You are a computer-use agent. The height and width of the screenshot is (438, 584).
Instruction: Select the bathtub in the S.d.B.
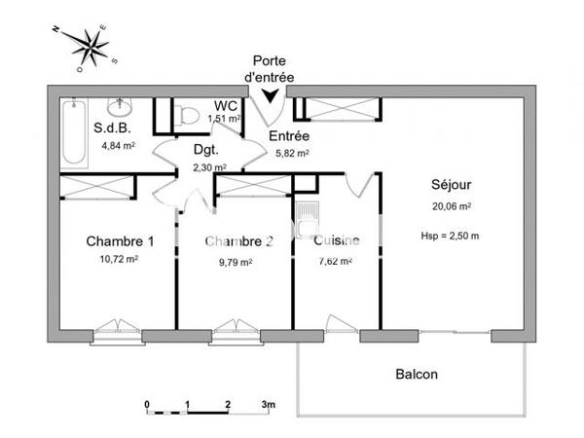tap(73, 134)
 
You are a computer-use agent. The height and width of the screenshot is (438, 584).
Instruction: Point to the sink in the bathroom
tap(121, 104)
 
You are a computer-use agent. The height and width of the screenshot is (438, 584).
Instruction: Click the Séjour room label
tap(452, 185)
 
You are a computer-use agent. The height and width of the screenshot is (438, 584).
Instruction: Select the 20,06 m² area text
tap(452, 206)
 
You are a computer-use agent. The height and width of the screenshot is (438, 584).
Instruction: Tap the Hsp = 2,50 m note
tap(450, 236)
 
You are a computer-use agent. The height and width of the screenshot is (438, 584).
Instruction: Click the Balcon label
tap(417, 374)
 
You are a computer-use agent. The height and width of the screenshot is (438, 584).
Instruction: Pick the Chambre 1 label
tap(120, 241)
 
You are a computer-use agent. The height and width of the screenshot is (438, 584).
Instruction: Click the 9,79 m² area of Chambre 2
tap(234, 261)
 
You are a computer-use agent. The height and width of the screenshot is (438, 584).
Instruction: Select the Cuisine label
tap(337, 241)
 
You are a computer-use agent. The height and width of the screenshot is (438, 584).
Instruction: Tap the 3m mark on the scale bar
tap(269, 403)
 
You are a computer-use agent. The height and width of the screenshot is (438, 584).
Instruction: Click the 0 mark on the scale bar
tap(147, 403)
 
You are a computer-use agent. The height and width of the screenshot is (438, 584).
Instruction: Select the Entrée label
tap(289, 136)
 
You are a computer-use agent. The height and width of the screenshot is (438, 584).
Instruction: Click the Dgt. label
tap(205, 151)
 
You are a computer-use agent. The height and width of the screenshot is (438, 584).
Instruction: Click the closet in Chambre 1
tap(94, 186)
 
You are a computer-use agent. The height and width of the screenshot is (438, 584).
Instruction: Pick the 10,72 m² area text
tap(118, 260)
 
